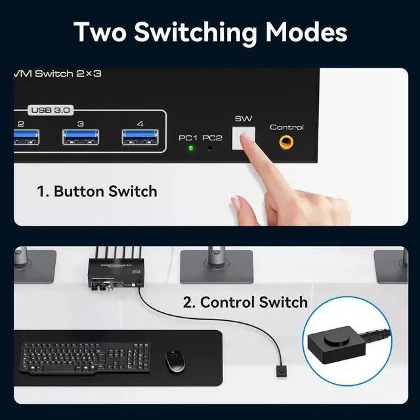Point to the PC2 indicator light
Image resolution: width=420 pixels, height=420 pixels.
coord(210,148)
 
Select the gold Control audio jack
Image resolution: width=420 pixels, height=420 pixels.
coord(286,142)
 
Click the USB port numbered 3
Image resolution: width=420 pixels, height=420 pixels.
coord(81,137)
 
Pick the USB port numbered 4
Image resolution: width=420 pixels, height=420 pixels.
coord(140,137)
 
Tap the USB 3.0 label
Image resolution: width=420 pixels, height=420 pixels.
coord(49,110)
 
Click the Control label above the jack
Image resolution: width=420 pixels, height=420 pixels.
coord(287,127)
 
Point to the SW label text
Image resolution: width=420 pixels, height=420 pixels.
coord(243,119)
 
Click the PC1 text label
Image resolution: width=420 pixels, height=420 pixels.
coord(188,138)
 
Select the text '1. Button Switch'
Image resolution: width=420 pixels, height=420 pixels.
coord(97,192)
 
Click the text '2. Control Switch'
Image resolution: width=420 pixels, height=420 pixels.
coord(245,303)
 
